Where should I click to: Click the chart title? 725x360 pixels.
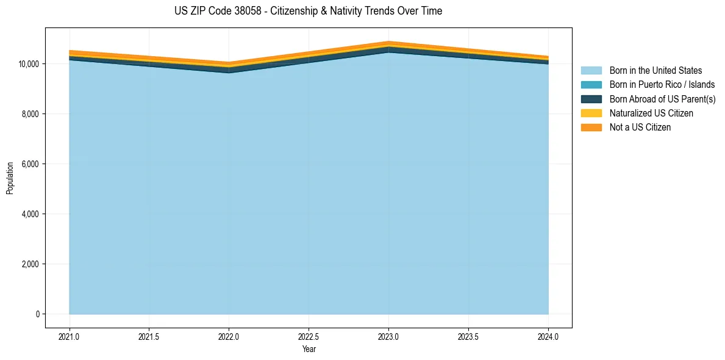pos(308,11)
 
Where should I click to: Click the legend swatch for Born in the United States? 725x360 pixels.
pos(591,71)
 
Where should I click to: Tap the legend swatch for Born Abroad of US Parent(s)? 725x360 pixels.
pos(591,99)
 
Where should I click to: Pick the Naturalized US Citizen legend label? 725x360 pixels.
pos(651,113)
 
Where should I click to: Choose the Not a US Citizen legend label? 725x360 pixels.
pos(640,127)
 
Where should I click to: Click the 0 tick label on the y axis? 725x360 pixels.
pos(37,314)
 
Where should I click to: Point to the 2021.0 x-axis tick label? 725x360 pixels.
pos(70,336)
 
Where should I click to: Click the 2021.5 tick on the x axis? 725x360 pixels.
pos(149,336)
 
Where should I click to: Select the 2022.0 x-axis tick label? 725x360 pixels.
pos(229,336)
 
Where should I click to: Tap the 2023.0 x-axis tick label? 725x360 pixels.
pos(388,336)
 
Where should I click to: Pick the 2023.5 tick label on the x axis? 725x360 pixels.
pos(468,336)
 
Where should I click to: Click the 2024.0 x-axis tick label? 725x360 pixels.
pos(548,336)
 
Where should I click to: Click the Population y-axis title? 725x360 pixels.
pos(10,178)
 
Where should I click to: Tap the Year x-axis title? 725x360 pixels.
pos(309,349)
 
